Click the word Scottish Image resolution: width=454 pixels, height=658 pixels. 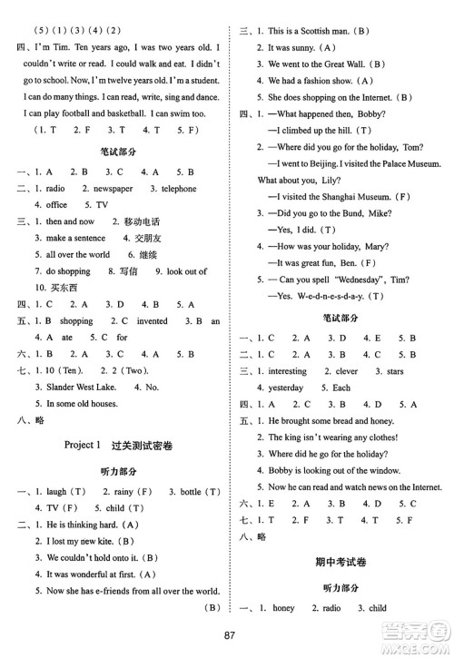click(x=336, y=31)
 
